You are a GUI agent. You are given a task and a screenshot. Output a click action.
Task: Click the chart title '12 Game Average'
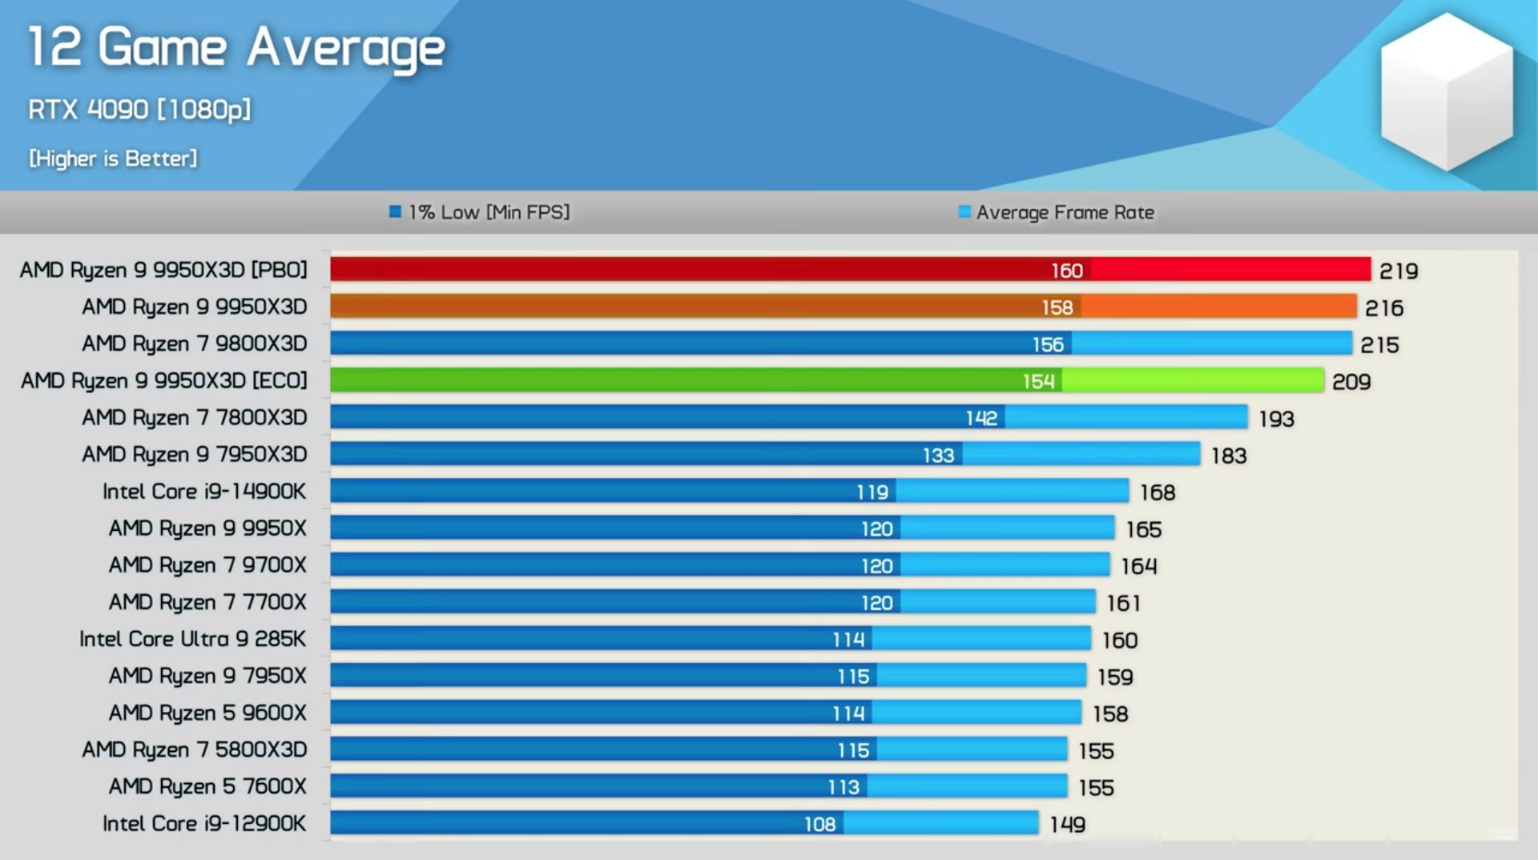236,48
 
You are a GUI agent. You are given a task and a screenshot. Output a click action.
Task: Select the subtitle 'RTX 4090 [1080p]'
139,110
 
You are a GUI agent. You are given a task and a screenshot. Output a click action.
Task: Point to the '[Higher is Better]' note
113,159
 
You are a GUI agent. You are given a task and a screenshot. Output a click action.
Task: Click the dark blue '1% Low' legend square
395,212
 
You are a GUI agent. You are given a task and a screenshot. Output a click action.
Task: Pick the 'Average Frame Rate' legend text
1065,212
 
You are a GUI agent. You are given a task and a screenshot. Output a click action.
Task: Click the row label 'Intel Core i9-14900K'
204,491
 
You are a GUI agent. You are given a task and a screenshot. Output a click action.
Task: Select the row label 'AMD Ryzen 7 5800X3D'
195,749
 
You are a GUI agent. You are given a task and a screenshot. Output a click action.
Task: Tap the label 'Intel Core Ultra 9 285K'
192,639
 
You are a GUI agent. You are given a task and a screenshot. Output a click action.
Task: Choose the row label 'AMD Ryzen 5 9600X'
207,713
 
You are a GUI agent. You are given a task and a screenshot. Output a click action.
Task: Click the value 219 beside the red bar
1399,271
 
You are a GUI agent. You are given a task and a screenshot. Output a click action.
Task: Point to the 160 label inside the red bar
1067,271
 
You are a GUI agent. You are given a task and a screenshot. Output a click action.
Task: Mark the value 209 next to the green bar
1351,382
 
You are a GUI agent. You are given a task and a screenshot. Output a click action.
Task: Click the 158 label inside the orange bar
1057,307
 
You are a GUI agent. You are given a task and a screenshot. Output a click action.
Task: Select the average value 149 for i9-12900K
1068,825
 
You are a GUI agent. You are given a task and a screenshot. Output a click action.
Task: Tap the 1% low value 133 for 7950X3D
938,456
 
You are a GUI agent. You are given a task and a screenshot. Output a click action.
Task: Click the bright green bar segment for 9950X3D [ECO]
1192,380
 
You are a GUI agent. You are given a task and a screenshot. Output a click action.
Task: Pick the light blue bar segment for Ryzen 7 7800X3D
1125,417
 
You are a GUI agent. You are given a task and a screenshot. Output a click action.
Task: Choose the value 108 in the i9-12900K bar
819,824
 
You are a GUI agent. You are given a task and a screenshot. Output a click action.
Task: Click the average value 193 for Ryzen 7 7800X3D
1276,419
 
